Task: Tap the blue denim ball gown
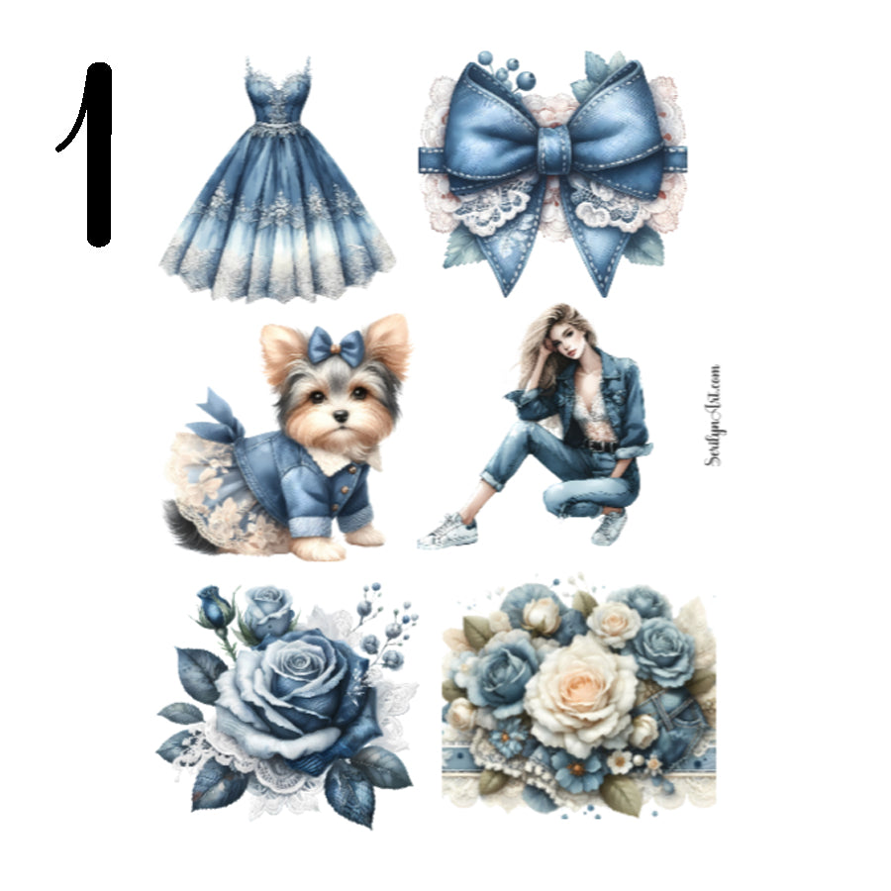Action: click(277, 198)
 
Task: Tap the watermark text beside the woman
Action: click(714, 416)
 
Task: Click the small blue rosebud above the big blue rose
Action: click(214, 606)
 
